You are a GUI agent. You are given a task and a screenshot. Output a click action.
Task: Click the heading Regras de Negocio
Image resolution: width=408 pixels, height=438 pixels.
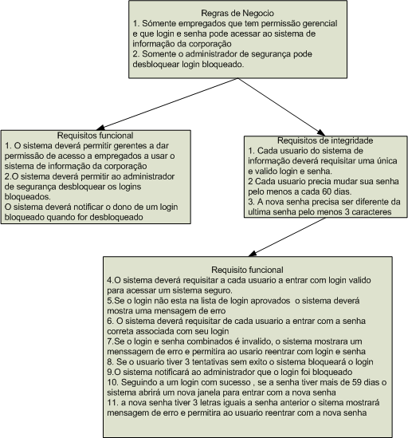[x=237, y=13]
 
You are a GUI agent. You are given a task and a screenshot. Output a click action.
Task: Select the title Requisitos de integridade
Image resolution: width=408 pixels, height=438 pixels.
[x=325, y=140]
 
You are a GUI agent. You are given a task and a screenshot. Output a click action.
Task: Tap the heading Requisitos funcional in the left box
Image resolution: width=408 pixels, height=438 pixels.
[x=95, y=136]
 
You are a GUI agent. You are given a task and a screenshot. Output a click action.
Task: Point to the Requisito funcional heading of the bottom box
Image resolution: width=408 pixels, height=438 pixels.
[x=247, y=270]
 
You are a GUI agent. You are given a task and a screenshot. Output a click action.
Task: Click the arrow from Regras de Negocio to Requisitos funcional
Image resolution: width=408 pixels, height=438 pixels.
[x=167, y=104]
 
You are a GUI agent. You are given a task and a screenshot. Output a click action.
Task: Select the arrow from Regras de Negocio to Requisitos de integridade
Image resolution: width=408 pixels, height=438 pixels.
[x=281, y=107]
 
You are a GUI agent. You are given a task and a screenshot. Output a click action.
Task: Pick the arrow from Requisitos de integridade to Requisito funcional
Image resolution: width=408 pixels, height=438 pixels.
[x=287, y=237]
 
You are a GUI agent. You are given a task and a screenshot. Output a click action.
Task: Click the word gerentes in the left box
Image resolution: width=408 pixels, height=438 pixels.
[x=131, y=146]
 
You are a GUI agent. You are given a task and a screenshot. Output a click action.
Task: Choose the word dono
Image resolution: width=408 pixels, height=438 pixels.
[x=122, y=207]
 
